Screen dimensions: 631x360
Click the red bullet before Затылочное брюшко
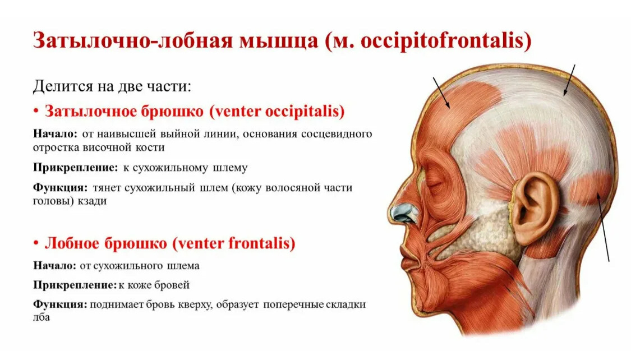pos(36,111)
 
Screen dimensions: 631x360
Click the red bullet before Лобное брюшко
pos(36,243)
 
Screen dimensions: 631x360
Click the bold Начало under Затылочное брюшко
pos(55,133)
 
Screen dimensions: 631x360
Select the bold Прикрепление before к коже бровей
pos(75,285)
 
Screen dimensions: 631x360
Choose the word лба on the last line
pos(42,317)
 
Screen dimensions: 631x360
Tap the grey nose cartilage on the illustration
pos(404,213)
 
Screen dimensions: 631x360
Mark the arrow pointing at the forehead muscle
pos(441,93)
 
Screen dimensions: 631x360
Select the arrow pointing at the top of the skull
pos(569,80)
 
